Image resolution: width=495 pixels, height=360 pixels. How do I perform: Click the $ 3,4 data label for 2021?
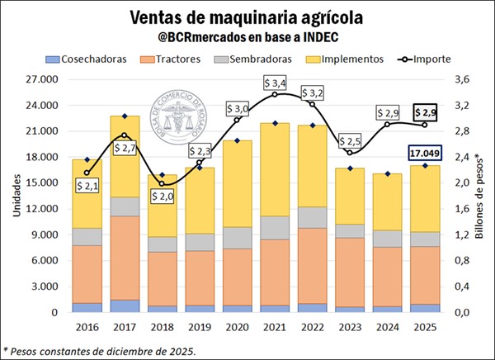point(276,83)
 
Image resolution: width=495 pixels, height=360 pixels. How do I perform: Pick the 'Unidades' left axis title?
point(14,196)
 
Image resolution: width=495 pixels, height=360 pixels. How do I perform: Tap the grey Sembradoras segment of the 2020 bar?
point(238,238)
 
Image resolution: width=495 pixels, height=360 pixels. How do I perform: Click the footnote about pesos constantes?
point(99,349)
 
